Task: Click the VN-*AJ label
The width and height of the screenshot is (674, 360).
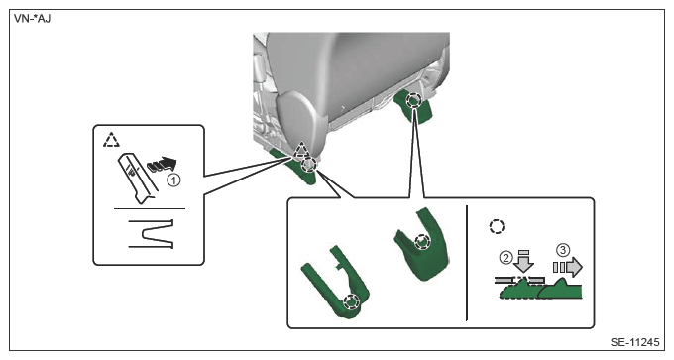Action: click(x=33, y=19)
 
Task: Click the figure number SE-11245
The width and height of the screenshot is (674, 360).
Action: click(x=634, y=342)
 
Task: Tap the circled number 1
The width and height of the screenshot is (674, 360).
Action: click(x=173, y=180)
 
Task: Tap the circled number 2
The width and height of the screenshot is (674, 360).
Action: click(x=505, y=258)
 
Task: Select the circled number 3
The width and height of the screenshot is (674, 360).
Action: click(x=563, y=250)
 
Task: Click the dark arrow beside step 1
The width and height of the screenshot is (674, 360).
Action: click(x=162, y=165)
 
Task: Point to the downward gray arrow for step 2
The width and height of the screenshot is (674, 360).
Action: click(x=524, y=261)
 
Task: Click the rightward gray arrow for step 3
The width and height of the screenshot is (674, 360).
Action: click(x=568, y=267)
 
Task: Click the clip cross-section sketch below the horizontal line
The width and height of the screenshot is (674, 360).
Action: click(x=152, y=233)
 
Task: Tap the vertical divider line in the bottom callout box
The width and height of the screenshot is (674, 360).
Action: click(x=467, y=263)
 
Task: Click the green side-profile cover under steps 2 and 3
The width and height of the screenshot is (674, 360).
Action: click(x=540, y=290)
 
